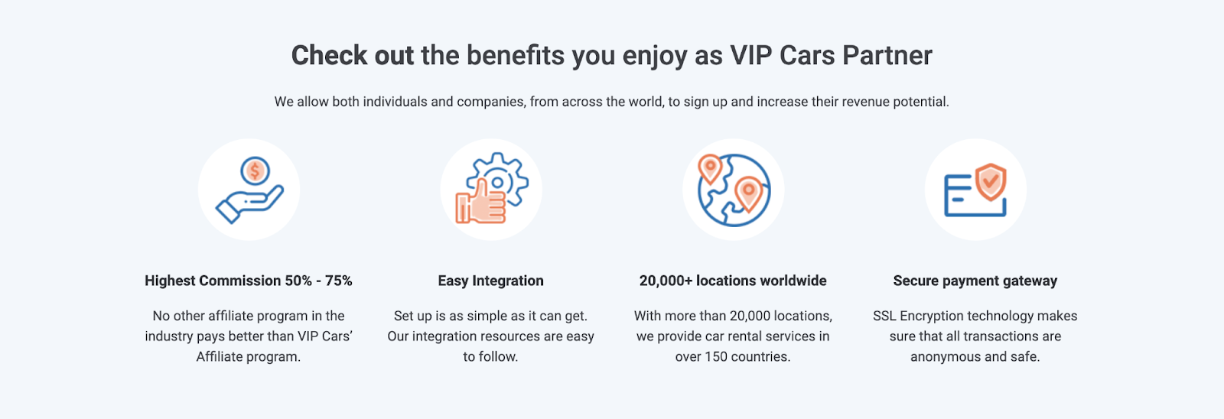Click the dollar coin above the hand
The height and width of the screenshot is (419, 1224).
(x=255, y=171)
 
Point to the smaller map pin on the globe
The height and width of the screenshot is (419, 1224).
(x=710, y=168)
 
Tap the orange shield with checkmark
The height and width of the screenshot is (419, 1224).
(x=991, y=181)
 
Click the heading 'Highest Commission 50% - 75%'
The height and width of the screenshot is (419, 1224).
(x=249, y=281)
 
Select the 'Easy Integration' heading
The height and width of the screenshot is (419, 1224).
(x=490, y=281)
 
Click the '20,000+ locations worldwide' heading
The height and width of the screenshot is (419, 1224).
(x=733, y=281)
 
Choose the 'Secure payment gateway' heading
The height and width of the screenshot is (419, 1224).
(x=975, y=281)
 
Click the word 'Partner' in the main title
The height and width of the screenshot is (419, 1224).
(x=887, y=55)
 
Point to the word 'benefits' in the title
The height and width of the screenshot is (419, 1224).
(x=516, y=55)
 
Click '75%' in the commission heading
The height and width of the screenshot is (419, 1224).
(x=339, y=281)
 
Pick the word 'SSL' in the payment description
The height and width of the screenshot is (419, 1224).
(x=884, y=316)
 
